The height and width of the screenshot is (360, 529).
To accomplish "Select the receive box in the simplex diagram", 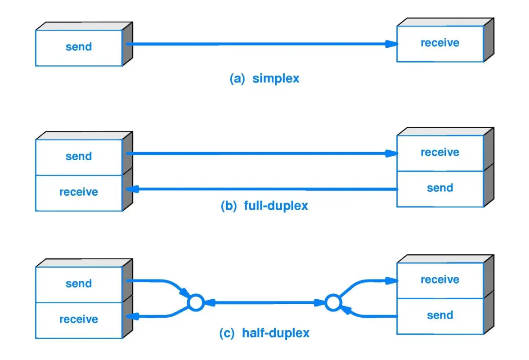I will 439,44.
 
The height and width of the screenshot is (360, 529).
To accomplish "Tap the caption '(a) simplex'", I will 264,78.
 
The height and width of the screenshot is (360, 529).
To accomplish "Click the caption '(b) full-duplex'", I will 264,206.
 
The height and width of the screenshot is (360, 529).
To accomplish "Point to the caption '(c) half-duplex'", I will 264,333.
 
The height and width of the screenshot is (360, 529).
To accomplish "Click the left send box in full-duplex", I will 79,157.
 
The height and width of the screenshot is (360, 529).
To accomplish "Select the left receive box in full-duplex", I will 79,193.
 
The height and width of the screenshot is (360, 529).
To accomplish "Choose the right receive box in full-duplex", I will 439,153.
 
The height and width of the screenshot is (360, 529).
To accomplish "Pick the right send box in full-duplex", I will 439,189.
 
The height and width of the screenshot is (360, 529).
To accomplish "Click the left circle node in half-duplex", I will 195,303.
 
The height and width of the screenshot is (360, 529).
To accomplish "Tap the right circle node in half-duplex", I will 332,303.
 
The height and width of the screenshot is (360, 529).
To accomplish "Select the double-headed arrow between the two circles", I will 264,303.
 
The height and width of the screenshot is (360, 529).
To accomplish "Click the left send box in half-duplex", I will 79,284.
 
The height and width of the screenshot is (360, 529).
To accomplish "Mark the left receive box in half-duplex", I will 79,320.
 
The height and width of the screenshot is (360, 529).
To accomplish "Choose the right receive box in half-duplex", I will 439,280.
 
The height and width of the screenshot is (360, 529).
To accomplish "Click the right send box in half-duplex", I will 439,316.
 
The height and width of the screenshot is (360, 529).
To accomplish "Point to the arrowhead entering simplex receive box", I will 392,44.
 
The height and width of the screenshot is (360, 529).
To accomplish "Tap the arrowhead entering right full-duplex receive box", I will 392,153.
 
